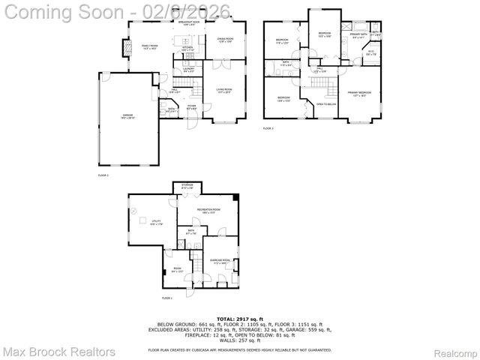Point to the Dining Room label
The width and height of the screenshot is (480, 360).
pyautogui.click(x=225, y=39)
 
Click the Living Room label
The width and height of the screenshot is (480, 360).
pyautogui.click(x=224, y=89)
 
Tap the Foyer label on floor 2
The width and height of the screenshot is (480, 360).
pyautogui.click(x=192, y=106)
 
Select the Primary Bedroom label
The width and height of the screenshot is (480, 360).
pyautogui.click(x=359, y=93)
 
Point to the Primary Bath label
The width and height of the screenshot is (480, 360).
pyautogui.click(x=358, y=34)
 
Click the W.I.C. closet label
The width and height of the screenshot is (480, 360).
pyautogui.click(x=370, y=52)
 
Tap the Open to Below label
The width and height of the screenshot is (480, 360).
pyautogui.click(x=325, y=104)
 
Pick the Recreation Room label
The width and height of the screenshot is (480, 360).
pyautogui.click(x=208, y=211)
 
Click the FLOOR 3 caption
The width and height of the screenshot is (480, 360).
pyautogui.click(x=268, y=129)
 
